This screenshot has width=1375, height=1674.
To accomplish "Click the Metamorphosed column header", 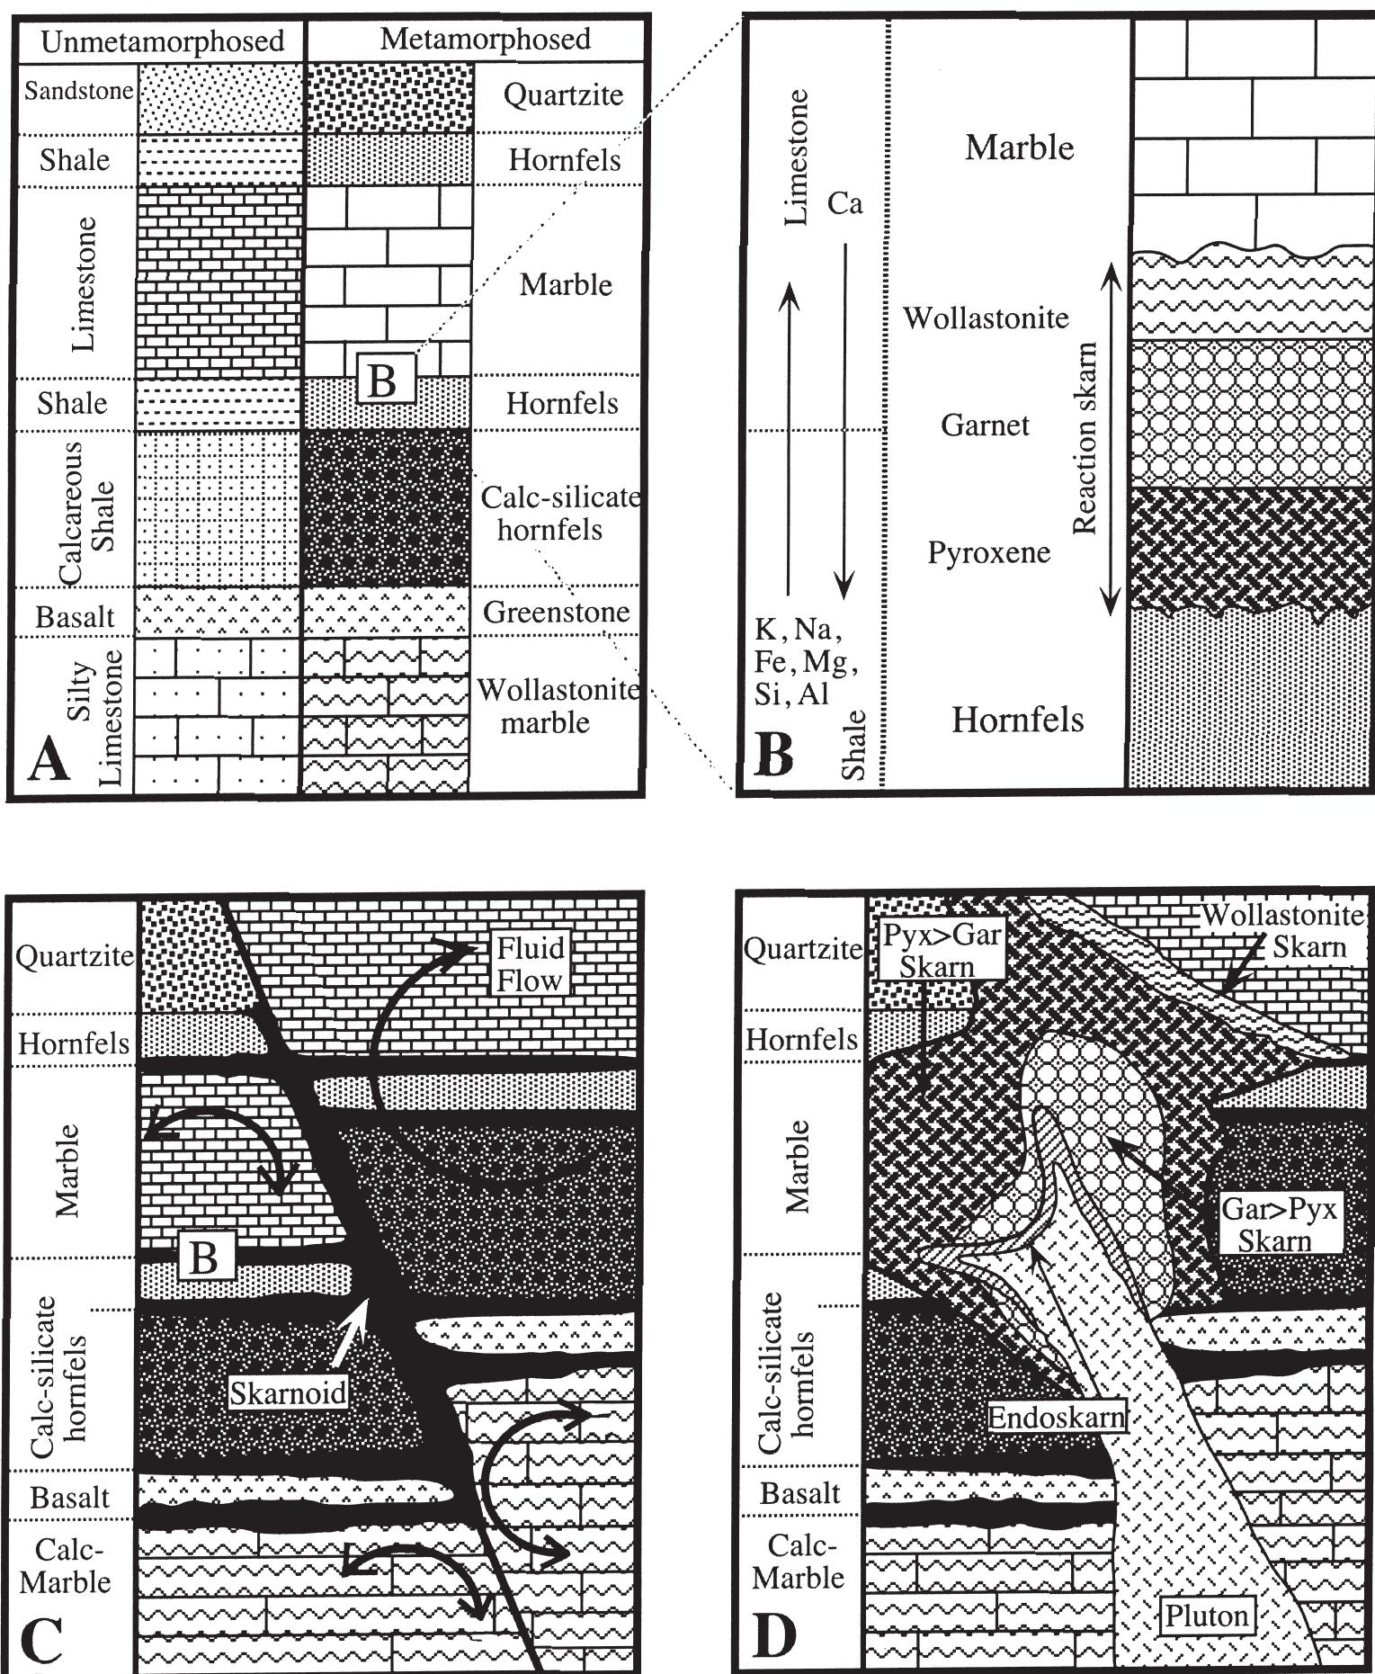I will click(x=485, y=39).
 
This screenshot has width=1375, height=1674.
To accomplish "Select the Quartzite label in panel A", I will click(x=563, y=95).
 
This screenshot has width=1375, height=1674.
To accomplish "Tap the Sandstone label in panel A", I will click(x=78, y=91).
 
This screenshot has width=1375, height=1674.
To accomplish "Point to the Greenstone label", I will click(x=556, y=613).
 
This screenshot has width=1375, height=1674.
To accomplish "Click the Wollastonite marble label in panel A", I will click(x=557, y=706).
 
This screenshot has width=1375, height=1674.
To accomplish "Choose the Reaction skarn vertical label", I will click(x=1086, y=438).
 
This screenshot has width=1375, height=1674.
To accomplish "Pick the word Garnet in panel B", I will click(x=985, y=425).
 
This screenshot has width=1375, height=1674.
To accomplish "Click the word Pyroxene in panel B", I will click(x=988, y=551).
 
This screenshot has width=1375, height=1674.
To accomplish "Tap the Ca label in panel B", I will click(x=844, y=204).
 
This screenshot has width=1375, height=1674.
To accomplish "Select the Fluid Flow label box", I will click(x=531, y=963).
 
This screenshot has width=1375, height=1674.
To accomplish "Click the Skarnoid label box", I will click(x=287, y=1392).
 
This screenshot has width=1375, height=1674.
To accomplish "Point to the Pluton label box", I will click(x=1206, y=1616).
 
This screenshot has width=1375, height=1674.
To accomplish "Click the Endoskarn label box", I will click(x=1057, y=1418).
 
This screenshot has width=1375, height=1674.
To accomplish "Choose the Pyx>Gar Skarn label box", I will click(x=941, y=950).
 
